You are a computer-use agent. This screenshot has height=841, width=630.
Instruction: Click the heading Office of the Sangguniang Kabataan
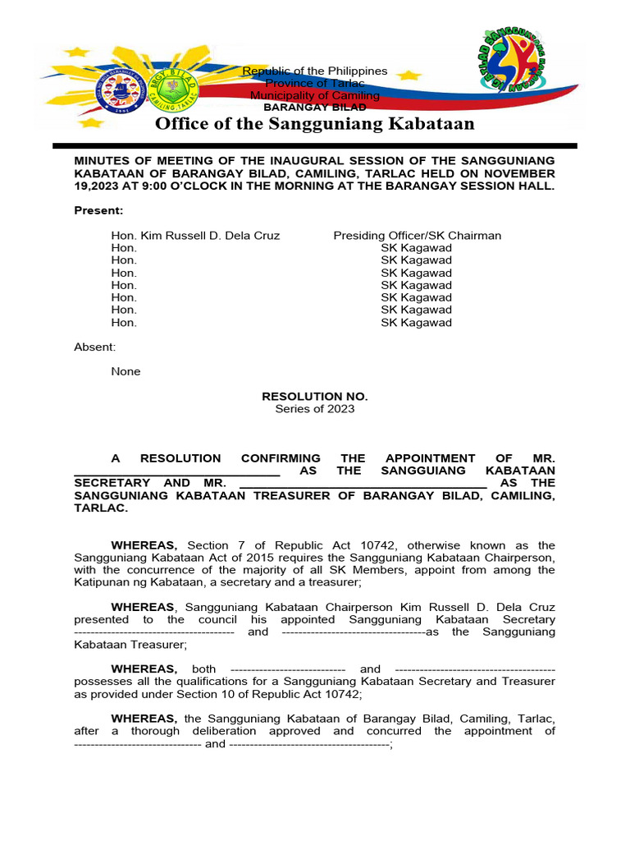314,124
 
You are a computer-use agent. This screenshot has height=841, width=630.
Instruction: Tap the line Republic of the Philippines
314,71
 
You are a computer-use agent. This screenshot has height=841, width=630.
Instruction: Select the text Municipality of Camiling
314,95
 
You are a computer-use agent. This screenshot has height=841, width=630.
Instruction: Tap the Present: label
98,210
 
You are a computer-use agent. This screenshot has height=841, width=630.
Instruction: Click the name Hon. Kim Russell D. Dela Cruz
195,236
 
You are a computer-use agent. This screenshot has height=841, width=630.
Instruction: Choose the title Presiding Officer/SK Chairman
417,236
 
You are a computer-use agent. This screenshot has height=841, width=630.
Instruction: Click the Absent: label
95,347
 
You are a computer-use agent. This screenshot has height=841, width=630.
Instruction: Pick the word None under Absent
126,371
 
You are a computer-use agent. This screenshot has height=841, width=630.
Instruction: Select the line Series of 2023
314,408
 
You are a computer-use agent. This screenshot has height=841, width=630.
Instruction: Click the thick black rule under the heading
314,145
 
